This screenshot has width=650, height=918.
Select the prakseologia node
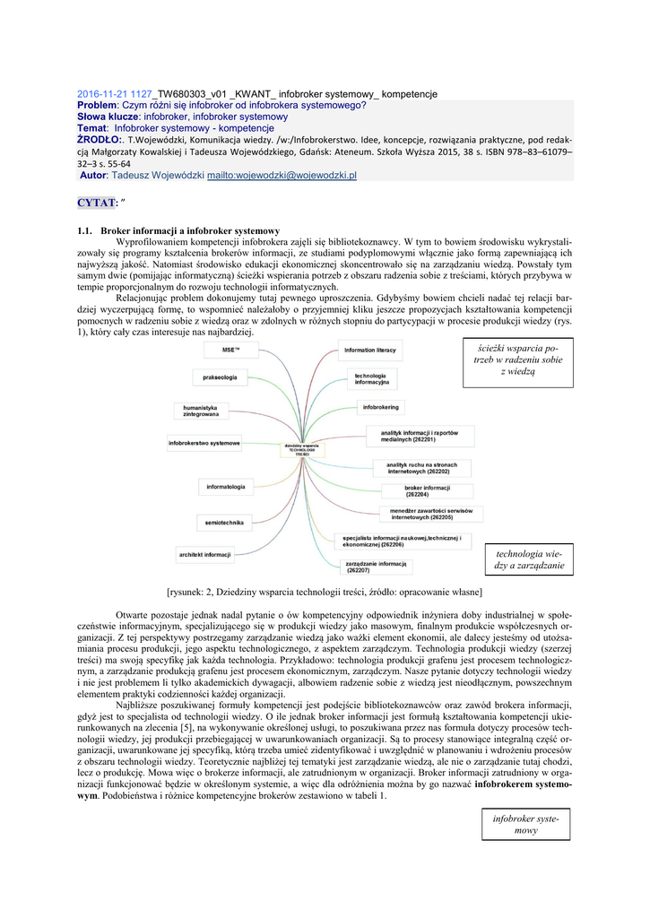(x=221, y=377)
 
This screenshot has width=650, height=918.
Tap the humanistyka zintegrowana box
(x=201, y=411)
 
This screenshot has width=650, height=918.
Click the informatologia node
(x=226, y=487)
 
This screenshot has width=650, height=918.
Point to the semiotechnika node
(x=224, y=522)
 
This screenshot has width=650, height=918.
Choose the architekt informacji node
(x=205, y=555)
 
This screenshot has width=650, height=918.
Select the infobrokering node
(x=381, y=407)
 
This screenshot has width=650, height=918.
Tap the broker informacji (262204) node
(x=420, y=491)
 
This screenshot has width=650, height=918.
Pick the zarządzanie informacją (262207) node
(x=377, y=567)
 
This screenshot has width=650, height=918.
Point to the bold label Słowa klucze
(x=108, y=117)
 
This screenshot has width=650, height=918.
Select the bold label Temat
(x=92, y=128)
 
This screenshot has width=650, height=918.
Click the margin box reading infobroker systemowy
(x=525, y=825)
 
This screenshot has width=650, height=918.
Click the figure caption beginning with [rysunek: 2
(x=325, y=592)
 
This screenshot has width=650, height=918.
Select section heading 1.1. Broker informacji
(x=178, y=230)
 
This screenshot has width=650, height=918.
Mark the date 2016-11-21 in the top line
(x=101, y=93)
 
